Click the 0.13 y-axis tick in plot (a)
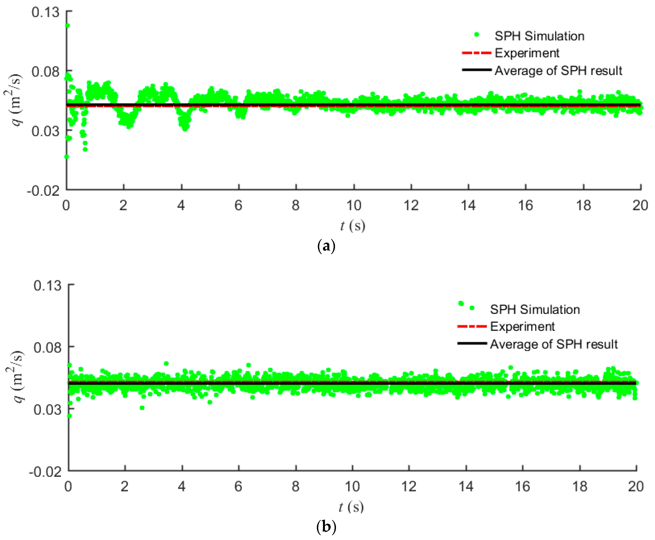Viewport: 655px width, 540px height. [45, 12]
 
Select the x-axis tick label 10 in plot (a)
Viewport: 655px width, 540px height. [354, 205]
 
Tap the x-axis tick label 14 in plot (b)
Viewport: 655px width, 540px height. [466, 486]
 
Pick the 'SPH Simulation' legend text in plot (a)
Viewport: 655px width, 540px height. [539, 36]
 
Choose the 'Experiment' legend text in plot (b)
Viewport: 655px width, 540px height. [522, 327]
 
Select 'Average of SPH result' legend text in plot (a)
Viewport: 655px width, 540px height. [558, 71]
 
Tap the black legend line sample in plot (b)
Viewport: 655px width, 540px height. [472, 343]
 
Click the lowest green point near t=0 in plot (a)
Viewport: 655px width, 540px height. [66, 156]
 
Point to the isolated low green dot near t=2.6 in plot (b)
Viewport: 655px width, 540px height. [142, 408]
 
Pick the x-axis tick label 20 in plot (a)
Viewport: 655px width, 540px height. [640, 205]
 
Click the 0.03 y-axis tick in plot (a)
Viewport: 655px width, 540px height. [45, 131]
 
